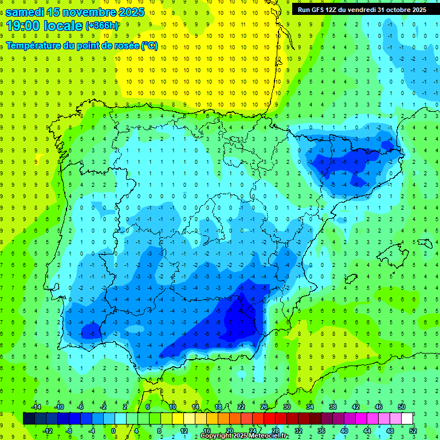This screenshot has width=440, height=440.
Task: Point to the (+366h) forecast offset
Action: pos(102,26)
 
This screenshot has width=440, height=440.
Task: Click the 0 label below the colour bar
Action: pos(113,430)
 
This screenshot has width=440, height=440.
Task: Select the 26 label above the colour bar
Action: pos(264,407)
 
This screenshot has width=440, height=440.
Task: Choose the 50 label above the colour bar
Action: pos(402,407)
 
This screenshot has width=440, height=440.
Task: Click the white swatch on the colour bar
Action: pos(407,418)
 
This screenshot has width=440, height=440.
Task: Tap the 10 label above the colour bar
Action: pos(172,407)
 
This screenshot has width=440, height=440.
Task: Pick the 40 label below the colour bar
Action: pos(344,430)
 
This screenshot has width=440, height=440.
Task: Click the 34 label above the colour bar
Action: pos(310,407)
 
